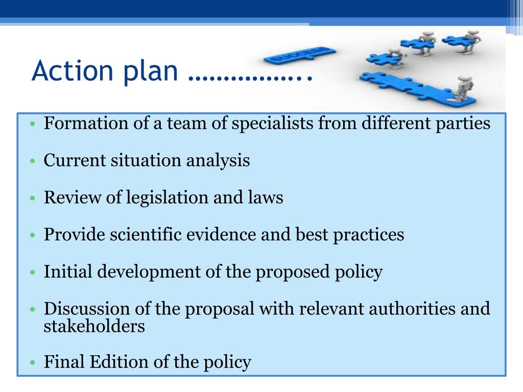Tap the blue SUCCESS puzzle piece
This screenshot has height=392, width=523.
tap(300, 55)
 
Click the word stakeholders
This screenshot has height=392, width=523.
tap(94, 326)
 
